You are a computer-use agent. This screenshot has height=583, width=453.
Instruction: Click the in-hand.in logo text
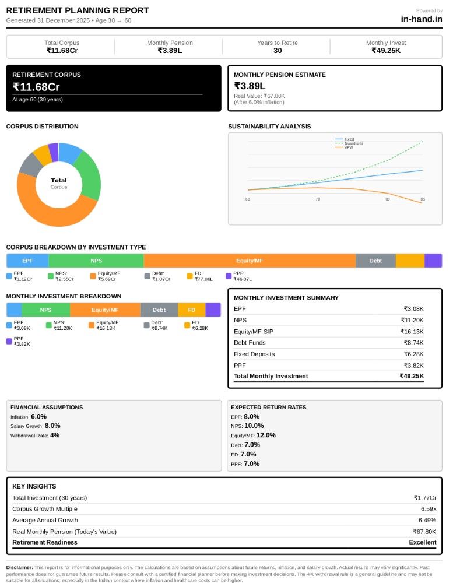point(422,19)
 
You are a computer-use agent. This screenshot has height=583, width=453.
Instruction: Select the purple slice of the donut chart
point(54,152)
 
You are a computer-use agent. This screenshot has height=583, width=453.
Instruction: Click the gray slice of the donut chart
point(30,165)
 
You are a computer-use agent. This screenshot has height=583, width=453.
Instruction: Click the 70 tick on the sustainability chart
point(318,199)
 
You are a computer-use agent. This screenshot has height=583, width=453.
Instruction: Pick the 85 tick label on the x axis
point(423,199)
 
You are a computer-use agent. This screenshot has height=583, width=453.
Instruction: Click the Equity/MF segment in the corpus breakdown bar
point(250,261)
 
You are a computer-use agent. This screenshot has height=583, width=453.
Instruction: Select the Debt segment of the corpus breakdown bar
point(375,261)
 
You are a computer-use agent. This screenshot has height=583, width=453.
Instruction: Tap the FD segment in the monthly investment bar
point(192,310)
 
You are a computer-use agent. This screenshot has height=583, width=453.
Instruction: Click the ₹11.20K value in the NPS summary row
point(412,320)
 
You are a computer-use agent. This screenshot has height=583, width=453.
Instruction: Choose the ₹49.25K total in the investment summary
point(412,376)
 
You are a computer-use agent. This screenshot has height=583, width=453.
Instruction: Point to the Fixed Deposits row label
point(254,354)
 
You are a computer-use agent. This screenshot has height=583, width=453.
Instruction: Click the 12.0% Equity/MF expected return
point(266,435)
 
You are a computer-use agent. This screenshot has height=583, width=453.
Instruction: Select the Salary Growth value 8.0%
point(52,426)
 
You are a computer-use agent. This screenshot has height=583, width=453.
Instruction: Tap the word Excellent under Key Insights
point(423,542)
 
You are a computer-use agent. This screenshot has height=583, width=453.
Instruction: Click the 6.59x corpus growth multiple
point(429,508)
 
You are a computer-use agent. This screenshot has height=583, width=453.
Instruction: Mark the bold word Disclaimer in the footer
point(19,567)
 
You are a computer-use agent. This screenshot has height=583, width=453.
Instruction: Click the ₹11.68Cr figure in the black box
point(36,87)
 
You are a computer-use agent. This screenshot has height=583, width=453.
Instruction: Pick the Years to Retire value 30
point(278,51)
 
